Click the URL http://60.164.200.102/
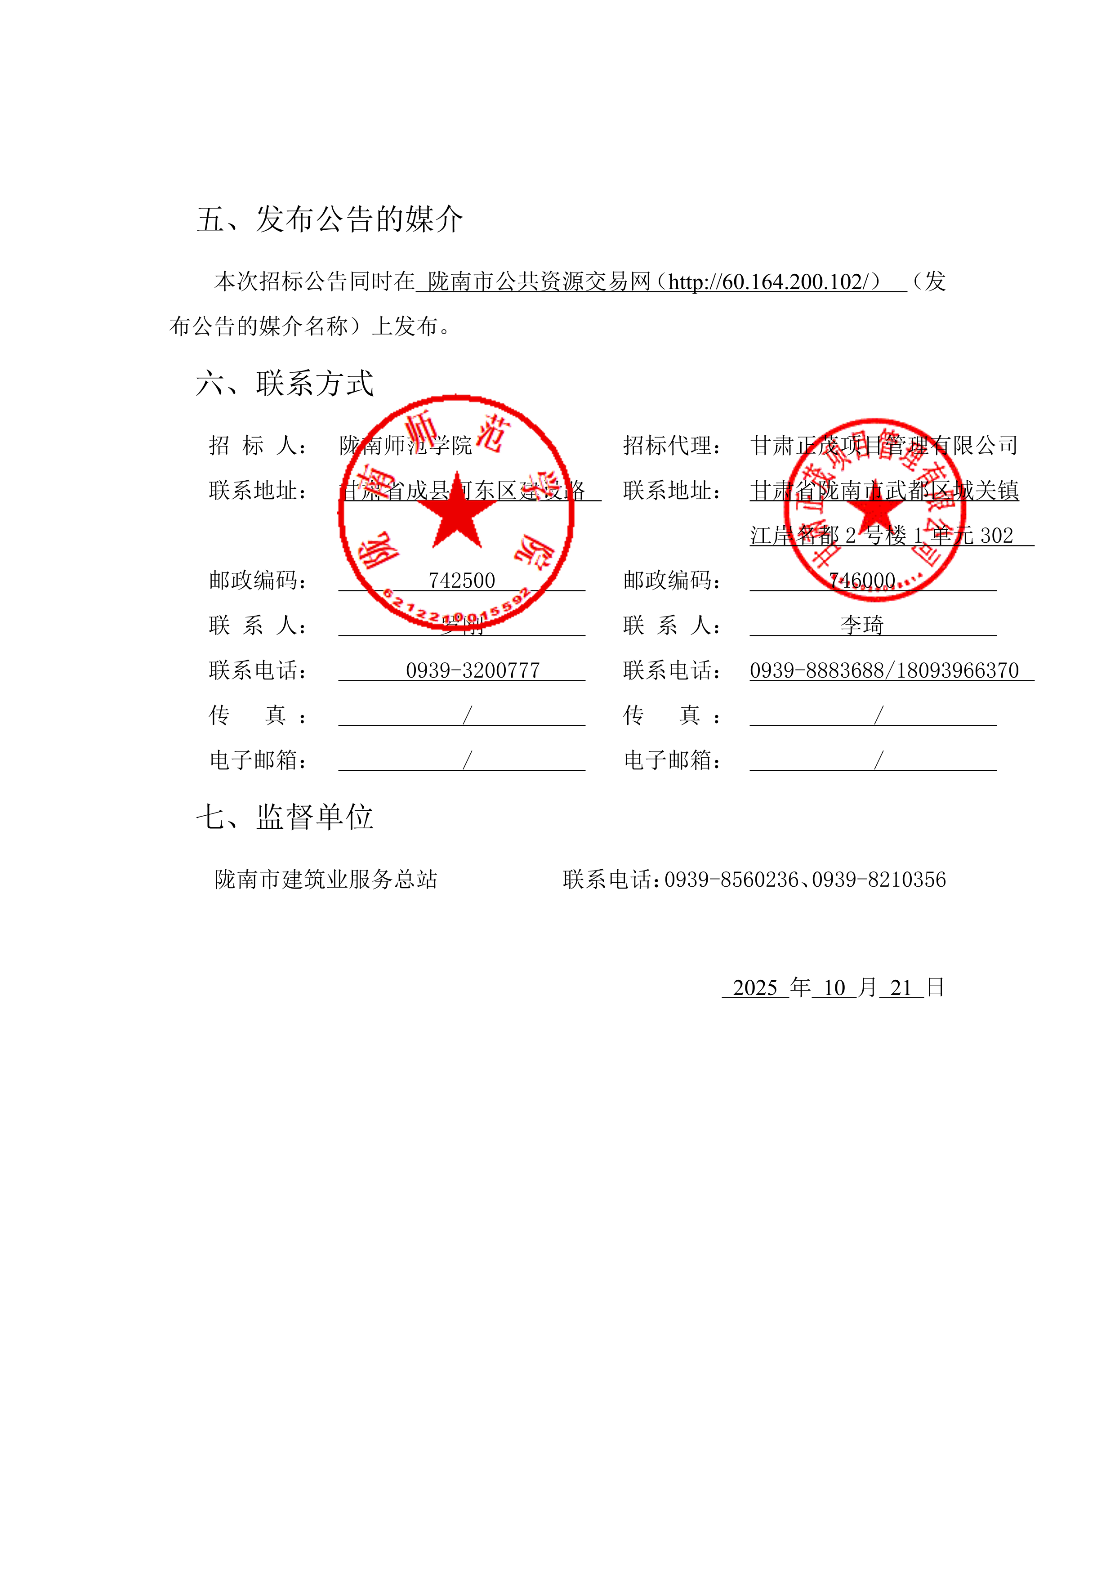(766, 281)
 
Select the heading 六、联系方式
(285, 383)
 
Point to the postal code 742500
(461, 581)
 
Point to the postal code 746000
(862, 581)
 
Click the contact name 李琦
(862, 625)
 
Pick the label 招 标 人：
(258, 446)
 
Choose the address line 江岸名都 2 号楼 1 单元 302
(882, 536)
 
